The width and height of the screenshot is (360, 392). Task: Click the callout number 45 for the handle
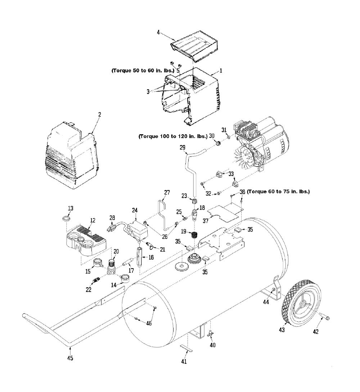(70, 358)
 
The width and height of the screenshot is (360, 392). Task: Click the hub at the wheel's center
(301, 305)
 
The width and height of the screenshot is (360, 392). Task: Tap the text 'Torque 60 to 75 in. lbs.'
(278, 192)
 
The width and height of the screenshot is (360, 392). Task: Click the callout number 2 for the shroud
(100, 114)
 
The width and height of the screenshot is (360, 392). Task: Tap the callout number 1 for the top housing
(221, 71)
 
